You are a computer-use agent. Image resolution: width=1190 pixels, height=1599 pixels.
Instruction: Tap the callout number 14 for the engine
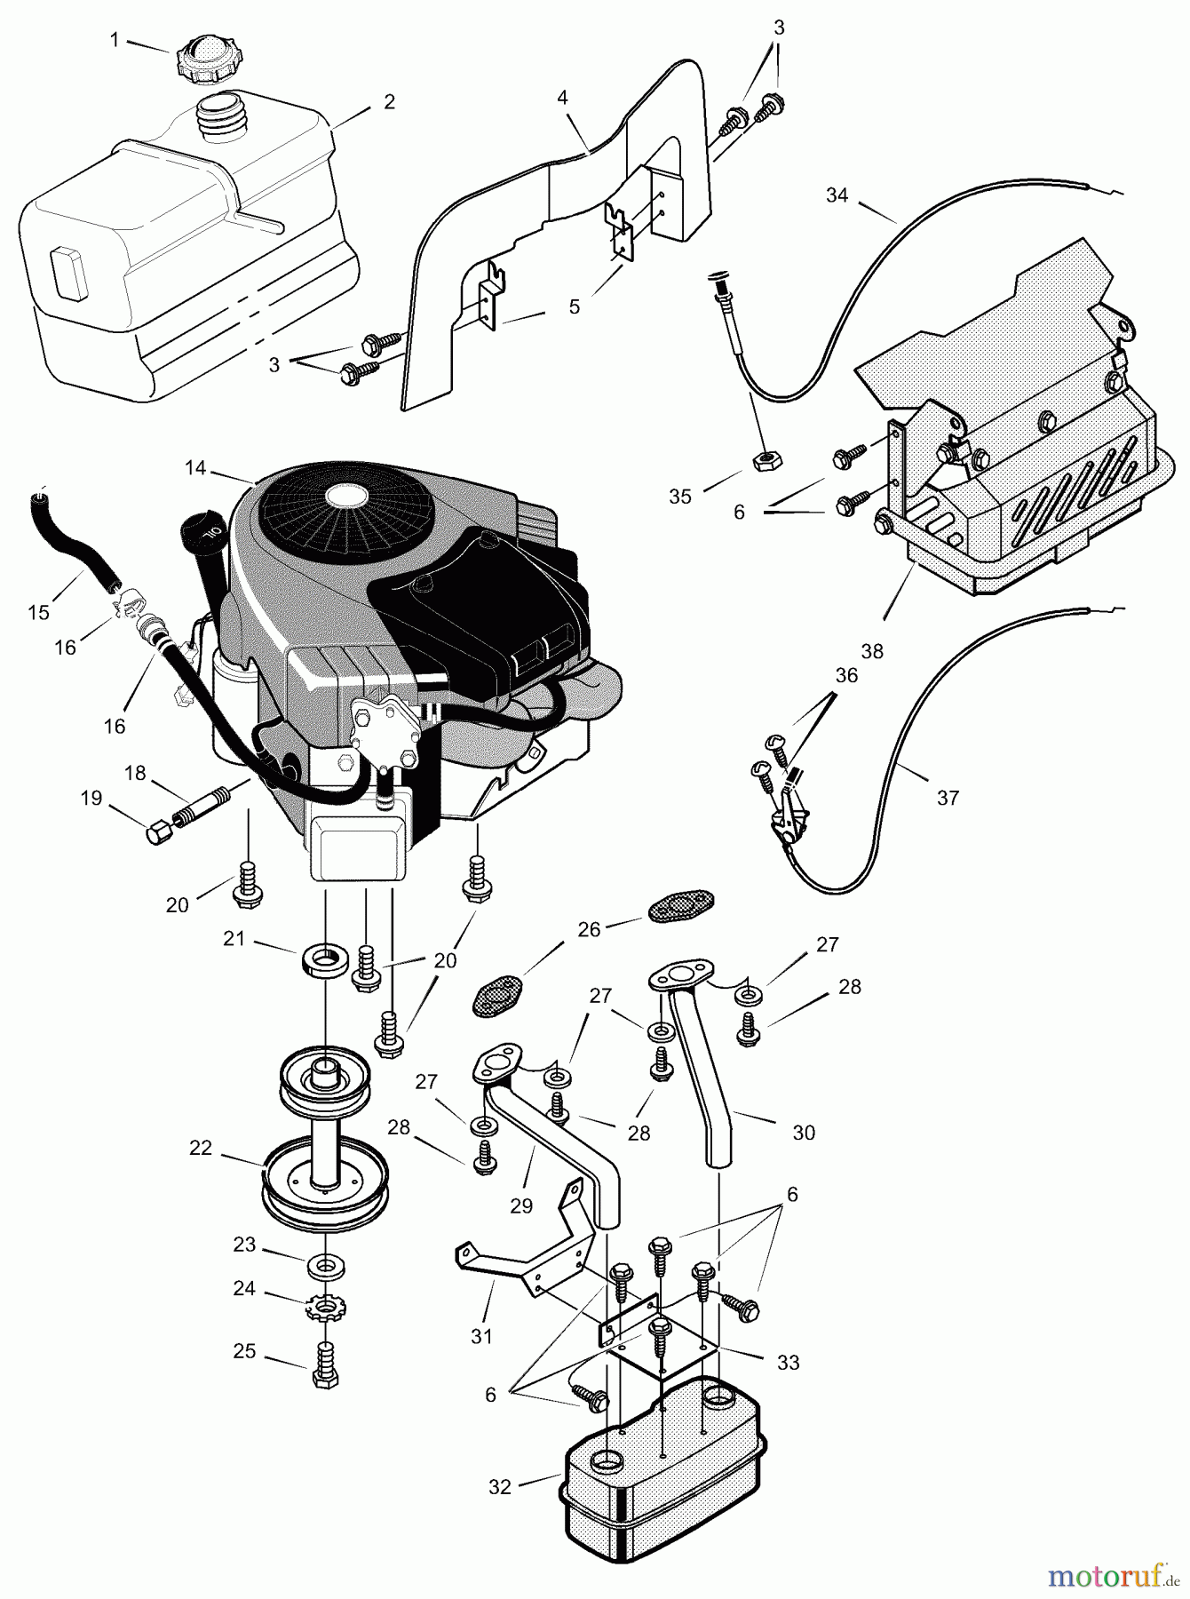coord(195,467)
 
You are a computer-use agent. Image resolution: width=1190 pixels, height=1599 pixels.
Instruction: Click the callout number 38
coord(872,651)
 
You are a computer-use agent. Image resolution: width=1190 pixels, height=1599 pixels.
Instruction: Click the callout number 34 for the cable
coord(837,195)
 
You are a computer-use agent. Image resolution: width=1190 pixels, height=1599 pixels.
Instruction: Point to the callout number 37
coord(948,798)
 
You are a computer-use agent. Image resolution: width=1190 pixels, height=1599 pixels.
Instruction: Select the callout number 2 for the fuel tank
coord(389,102)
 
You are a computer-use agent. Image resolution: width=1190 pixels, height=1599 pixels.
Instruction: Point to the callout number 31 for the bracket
coord(480,1335)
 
